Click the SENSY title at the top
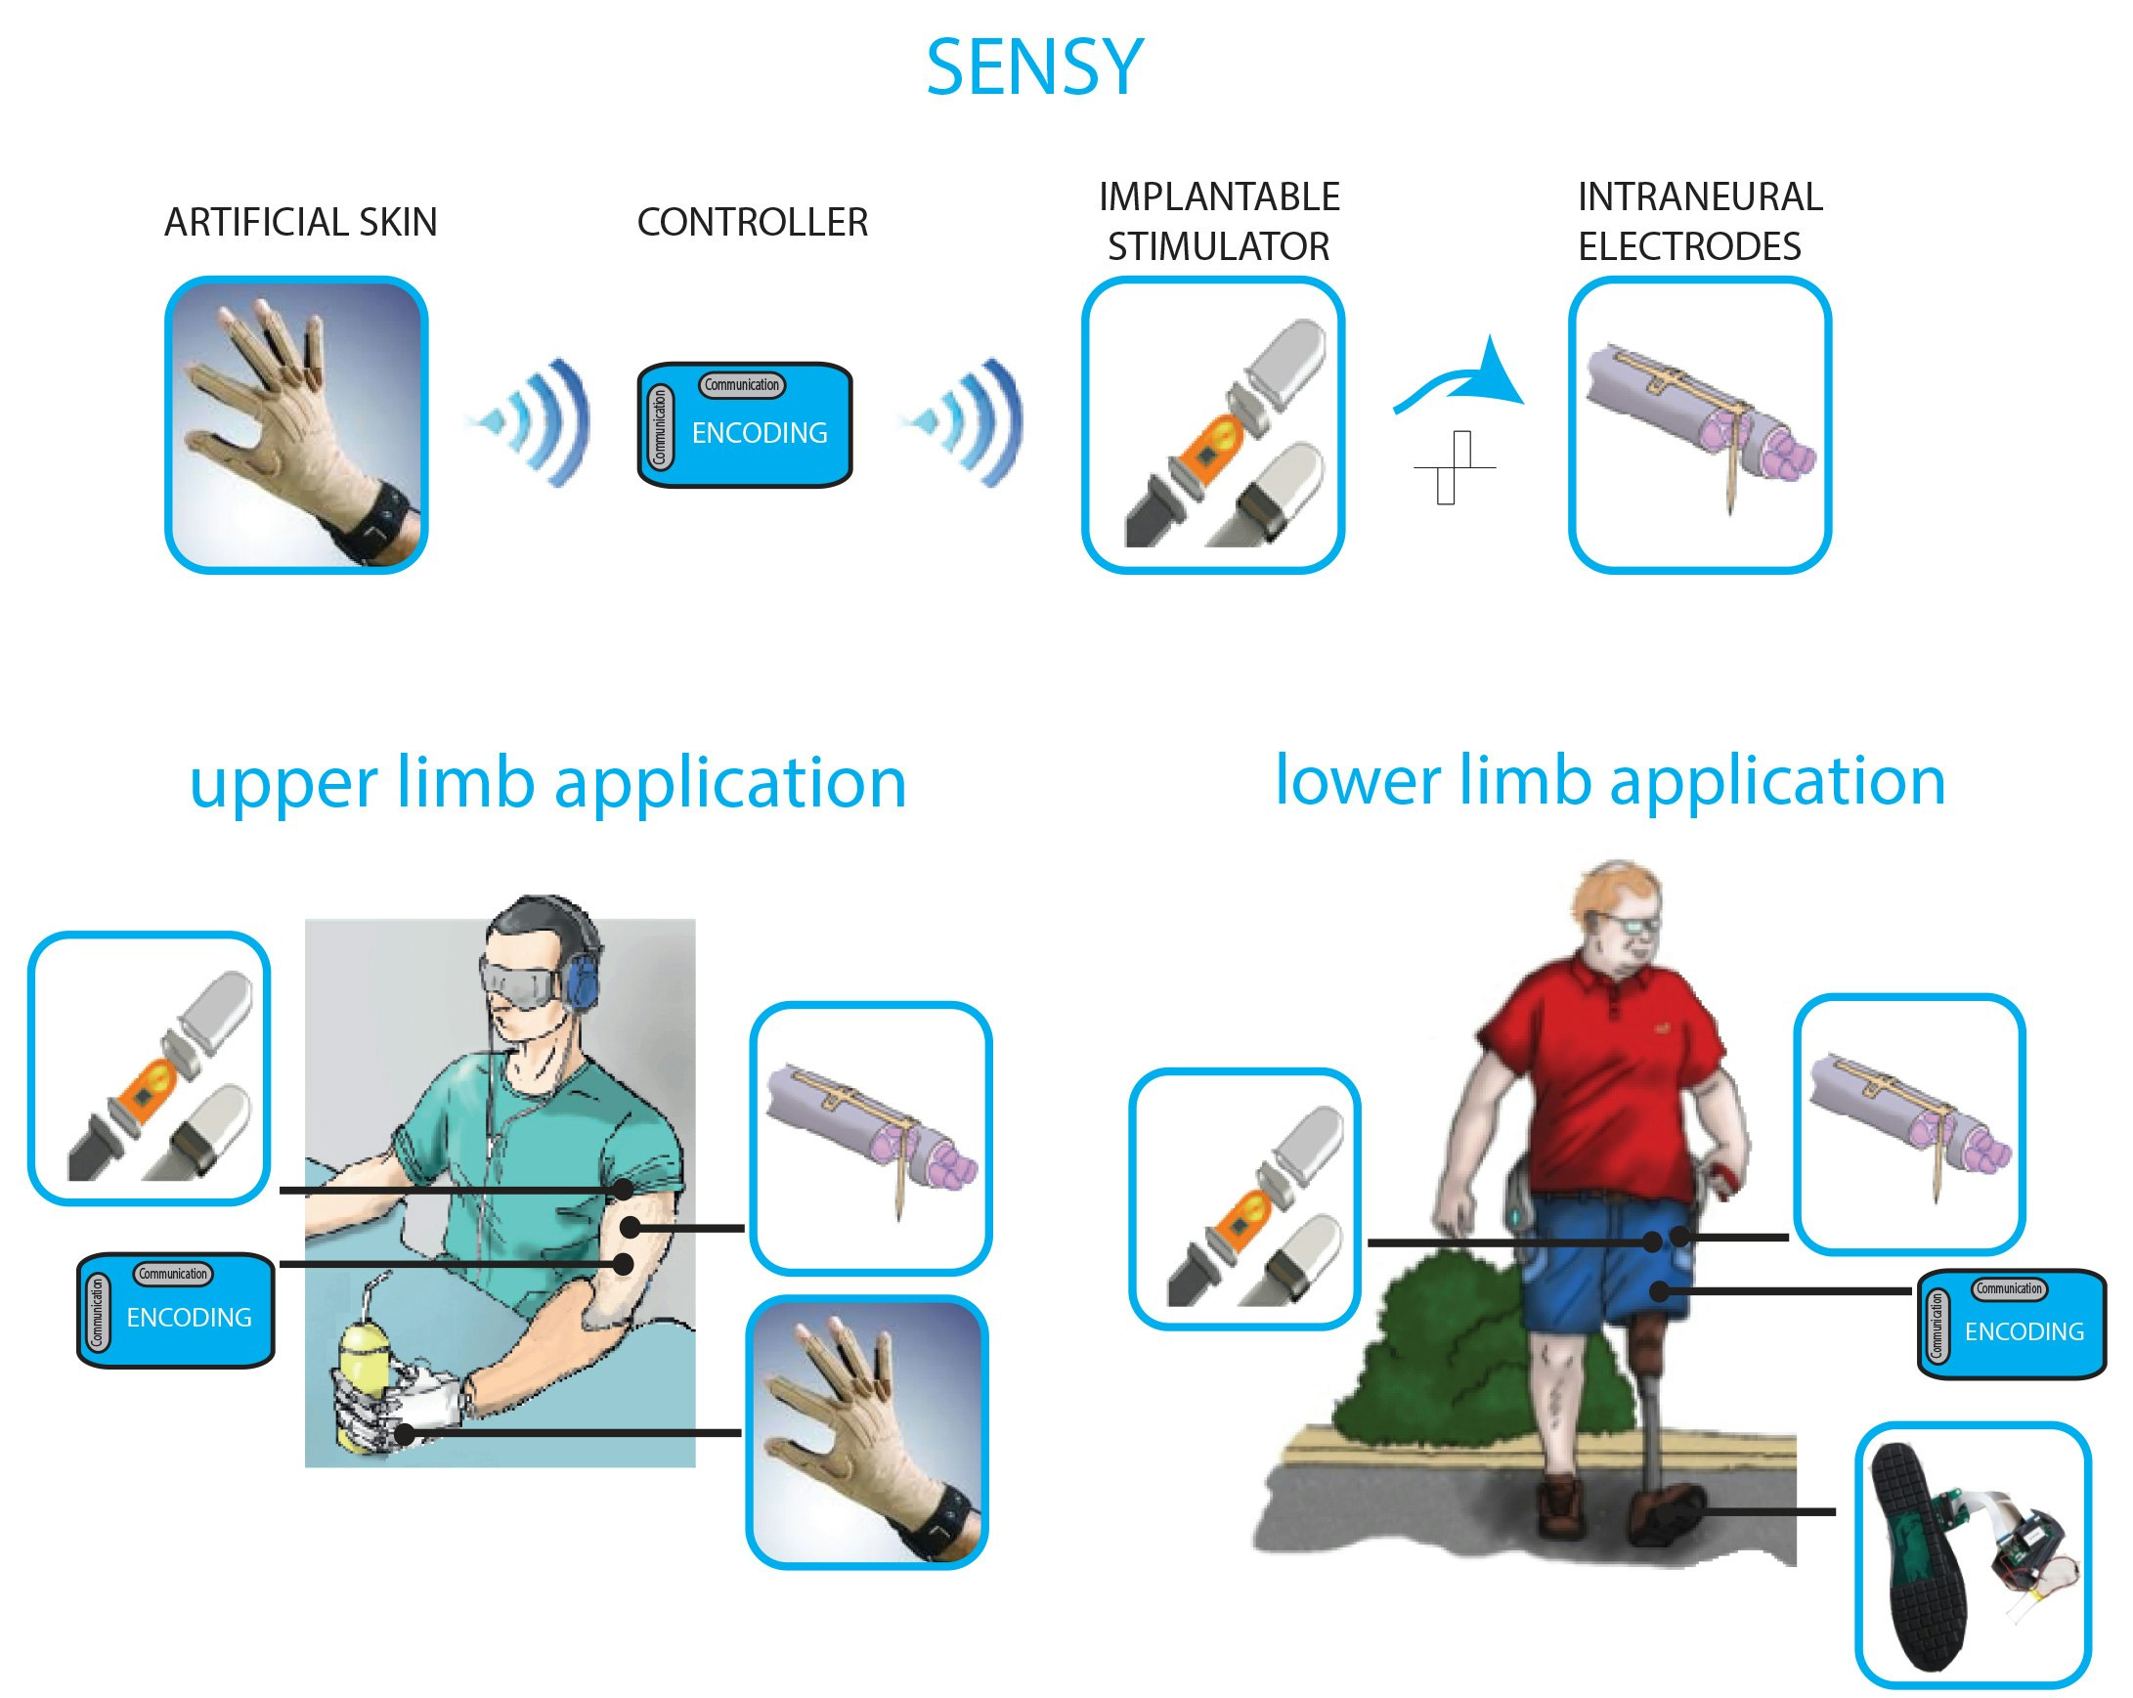tap(1034, 66)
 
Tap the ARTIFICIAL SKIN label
tap(300, 222)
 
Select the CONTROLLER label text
tap(752, 222)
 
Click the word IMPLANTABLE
tap(1219, 196)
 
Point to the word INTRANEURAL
tap(1699, 196)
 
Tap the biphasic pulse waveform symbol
tap(1453, 467)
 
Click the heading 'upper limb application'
tap(547, 783)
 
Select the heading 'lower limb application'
tap(1610, 781)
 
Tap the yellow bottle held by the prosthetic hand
tap(362, 1385)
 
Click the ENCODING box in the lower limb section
tap(2012, 1323)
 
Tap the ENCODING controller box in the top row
tap(745, 424)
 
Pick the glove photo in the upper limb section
tap(867, 1432)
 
